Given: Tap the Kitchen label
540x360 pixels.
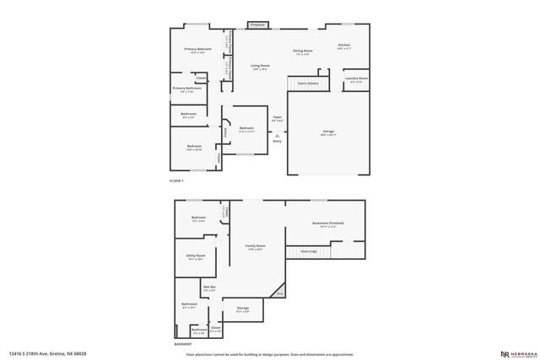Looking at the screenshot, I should (343, 46).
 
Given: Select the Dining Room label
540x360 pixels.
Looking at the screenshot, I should (303, 51).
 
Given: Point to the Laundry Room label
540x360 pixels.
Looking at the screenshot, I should (356, 79).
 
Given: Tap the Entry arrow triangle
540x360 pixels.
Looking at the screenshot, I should (277, 135).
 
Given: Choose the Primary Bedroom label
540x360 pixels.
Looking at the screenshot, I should (197, 50).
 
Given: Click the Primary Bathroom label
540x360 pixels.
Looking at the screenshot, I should (186, 89).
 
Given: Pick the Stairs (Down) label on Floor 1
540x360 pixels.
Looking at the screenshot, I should (308, 83).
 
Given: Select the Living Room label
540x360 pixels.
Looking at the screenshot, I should (260, 66).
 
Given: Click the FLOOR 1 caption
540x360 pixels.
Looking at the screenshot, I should (176, 181).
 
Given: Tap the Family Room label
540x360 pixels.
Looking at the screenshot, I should (255, 247).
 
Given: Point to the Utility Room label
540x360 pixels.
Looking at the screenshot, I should (195, 257).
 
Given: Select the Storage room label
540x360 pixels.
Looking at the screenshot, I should (242, 309).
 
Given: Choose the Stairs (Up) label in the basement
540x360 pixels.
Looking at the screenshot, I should (309, 250).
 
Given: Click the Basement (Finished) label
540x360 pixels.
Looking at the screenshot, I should (327, 223).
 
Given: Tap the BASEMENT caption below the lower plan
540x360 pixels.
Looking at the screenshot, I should (183, 344).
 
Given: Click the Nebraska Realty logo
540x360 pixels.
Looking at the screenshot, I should (513, 353).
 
